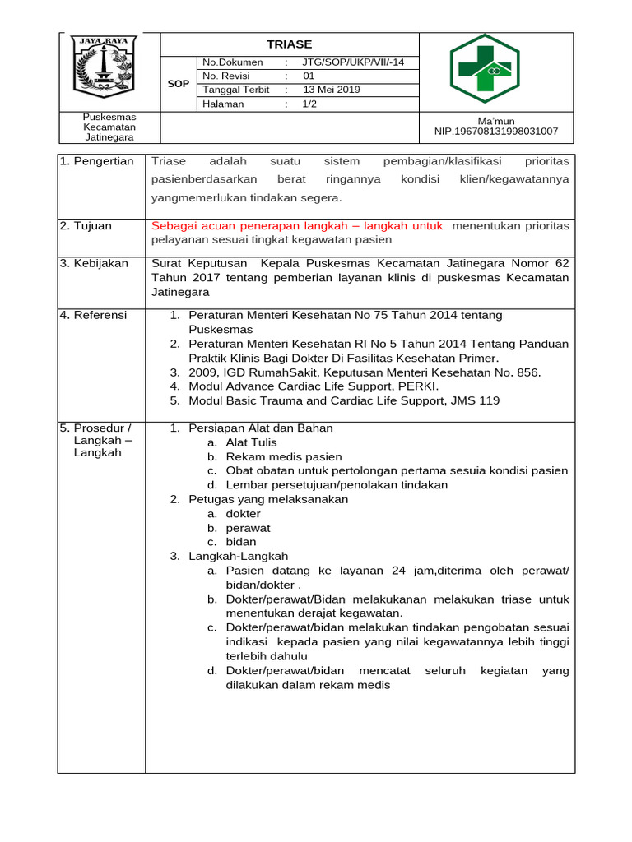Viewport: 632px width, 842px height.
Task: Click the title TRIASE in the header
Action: (x=289, y=44)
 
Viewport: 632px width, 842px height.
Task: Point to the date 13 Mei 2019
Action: (x=332, y=90)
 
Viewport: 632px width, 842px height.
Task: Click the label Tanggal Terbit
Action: (x=236, y=90)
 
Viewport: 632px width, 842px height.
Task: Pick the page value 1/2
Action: (x=310, y=104)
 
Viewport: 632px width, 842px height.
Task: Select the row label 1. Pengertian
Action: (x=96, y=161)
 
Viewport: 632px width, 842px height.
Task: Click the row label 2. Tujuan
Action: (x=86, y=225)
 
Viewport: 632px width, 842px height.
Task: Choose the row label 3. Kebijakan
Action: (x=94, y=263)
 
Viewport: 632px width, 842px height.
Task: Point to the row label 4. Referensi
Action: (x=94, y=314)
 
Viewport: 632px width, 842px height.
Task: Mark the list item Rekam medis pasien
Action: (x=284, y=456)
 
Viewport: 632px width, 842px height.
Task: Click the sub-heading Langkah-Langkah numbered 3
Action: (x=232, y=556)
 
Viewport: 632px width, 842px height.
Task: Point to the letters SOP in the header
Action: (x=179, y=84)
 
